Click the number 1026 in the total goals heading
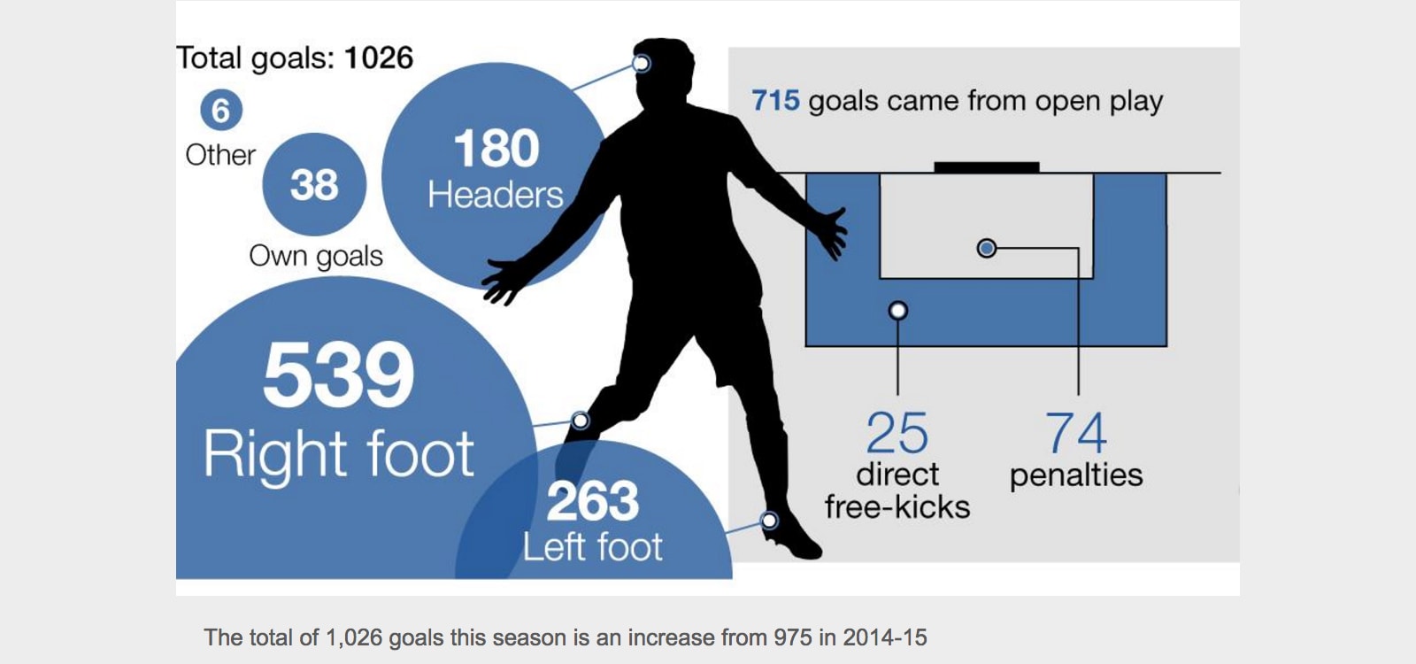379,58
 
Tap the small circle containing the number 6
221,110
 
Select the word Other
220,155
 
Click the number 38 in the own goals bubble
314,185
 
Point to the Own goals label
316,256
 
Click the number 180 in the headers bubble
496,149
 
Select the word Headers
496,195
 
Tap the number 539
338,375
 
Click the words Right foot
339,454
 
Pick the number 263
592,501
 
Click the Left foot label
592,547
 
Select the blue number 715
775,101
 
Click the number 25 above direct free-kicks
897,433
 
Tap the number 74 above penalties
1076,433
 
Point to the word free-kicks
897,507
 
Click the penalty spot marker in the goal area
987,248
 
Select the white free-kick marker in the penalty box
898,311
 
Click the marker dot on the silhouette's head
642,63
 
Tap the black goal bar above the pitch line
987,167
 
